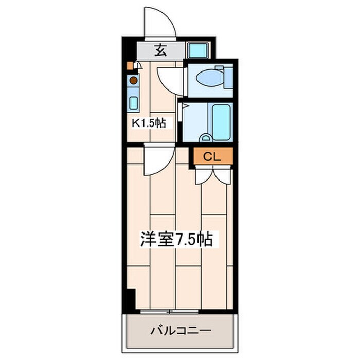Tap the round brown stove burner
pyautogui.click(x=133, y=80)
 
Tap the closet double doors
pyautogui.click(x=213, y=175)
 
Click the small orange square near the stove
pyautogui.click(x=130, y=66)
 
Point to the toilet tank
pyautogui.click(x=226, y=78)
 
